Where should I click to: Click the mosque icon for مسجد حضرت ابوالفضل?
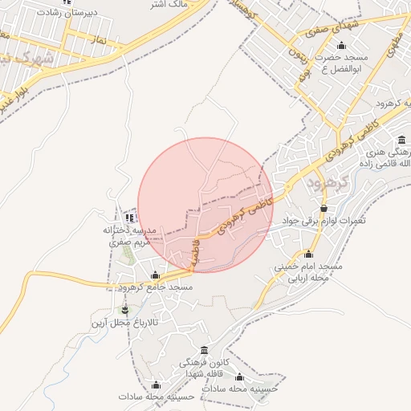click(x=342, y=46)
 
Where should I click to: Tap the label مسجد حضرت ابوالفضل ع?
click(x=341, y=63)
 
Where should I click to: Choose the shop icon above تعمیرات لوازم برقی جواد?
click(x=324, y=209)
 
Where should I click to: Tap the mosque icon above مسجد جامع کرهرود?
click(x=155, y=275)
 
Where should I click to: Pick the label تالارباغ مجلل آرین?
click(x=124, y=322)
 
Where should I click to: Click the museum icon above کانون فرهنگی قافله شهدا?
click(x=204, y=351)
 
